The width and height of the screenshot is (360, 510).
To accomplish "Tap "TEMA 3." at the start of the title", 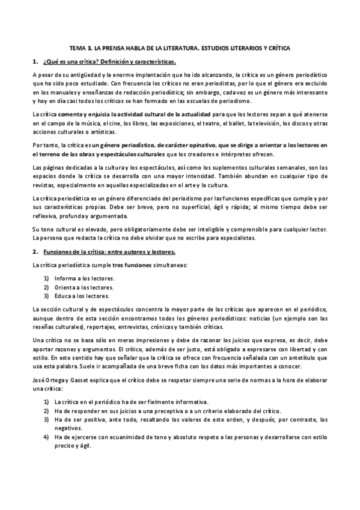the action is coord(81,47).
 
